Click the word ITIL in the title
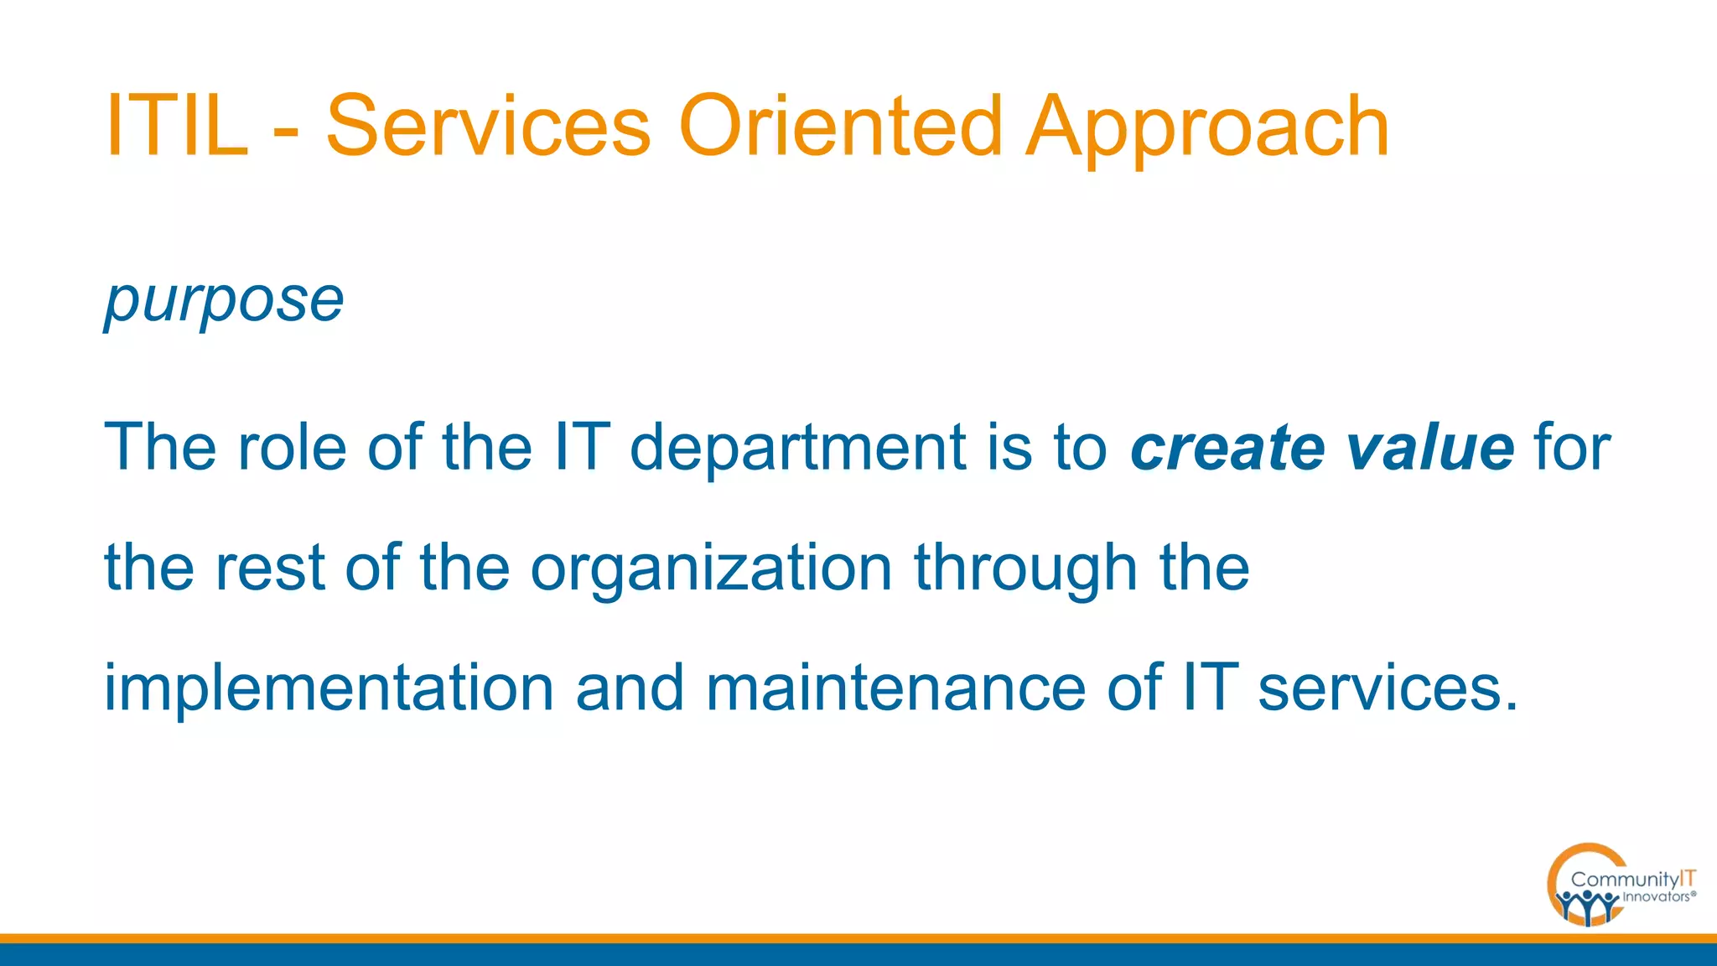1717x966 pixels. pos(177,126)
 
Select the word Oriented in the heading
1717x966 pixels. pos(841,126)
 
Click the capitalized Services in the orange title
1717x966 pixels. pos(488,126)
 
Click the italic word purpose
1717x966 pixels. pos(224,300)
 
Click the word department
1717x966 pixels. pos(798,449)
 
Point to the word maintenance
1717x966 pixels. pos(895,688)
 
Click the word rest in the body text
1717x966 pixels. pos(270,569)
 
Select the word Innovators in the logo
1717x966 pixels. pos(1656,897)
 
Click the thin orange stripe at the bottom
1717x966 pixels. pos(858,938)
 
